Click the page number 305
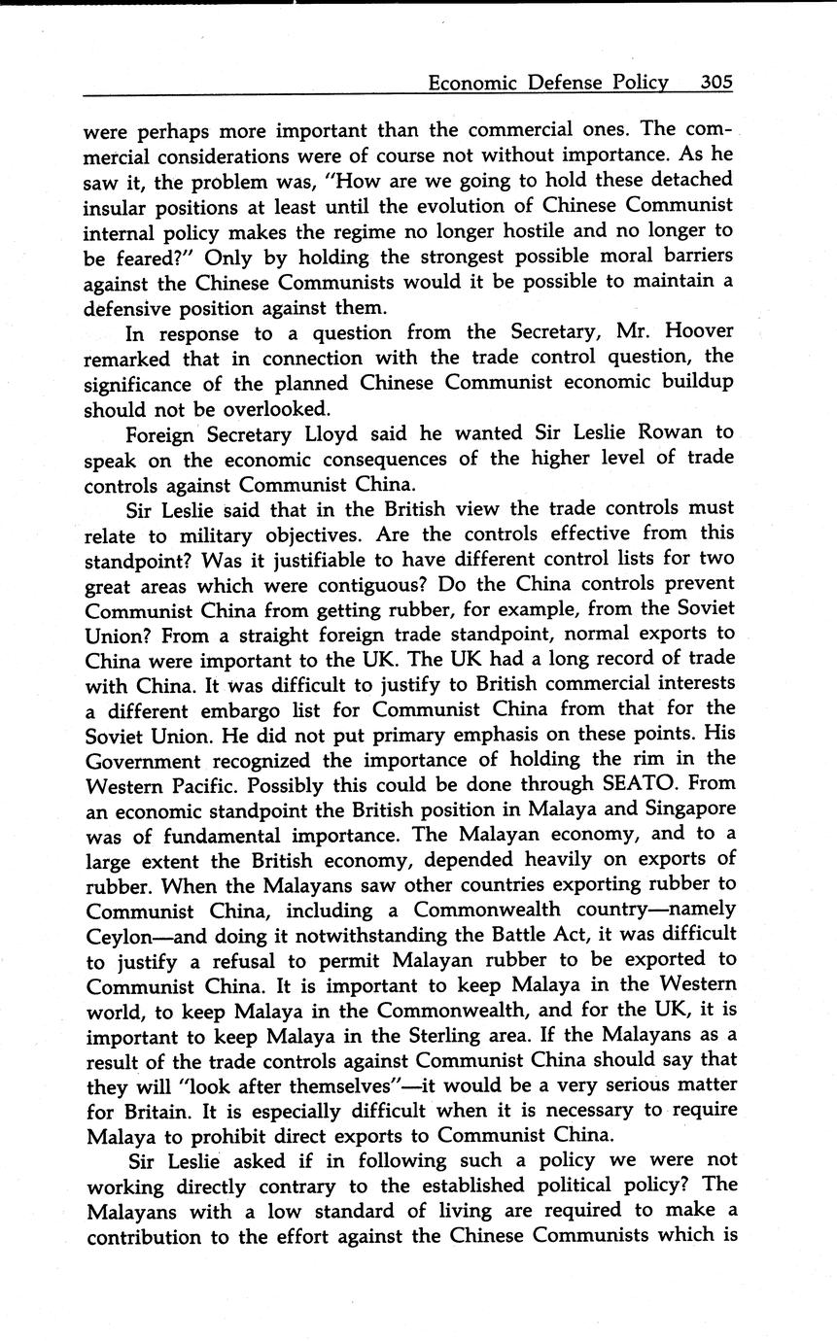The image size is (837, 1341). [x=715, y=83]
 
